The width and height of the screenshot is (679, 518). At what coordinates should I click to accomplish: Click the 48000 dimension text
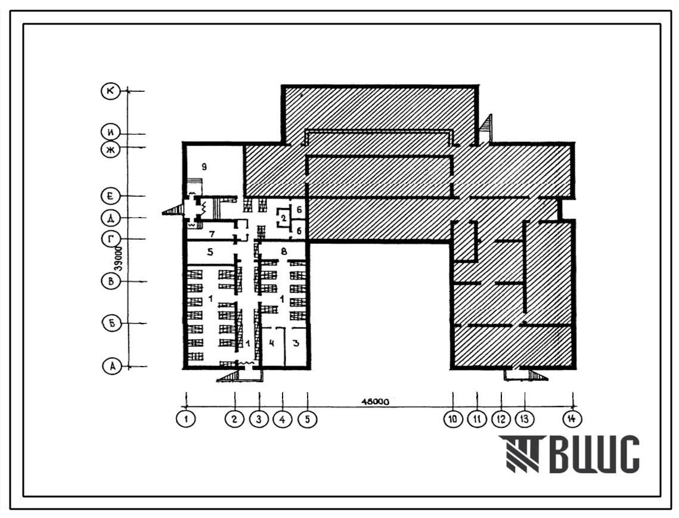pyautogui.click(x=375, y=402)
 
